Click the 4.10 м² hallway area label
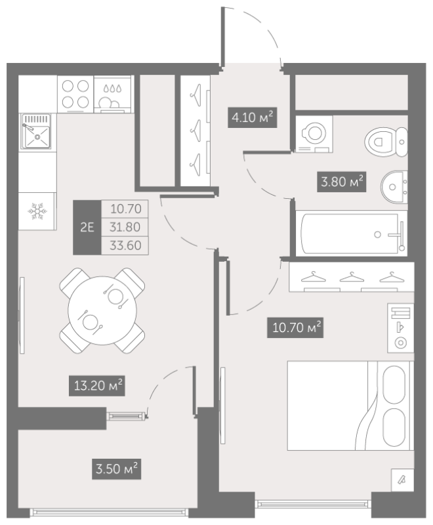pyautogui.click(x=253, y=117)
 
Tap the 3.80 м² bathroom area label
pyautogui.click(x=342, y=182)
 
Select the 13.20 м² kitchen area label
pyautogui.click(x=97, y=386)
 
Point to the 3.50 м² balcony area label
pyautogui.click(x=116, y=469)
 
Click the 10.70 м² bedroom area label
pyautogui.click(x=295, y=327)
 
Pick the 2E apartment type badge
pyautogui.click(x=87, y=227)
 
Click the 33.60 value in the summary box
pyautogui.click(x=125, y=245)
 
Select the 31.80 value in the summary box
pyautogui.click(x=125, y=227)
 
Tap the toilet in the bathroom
pyautogui.click(x=386, y=142)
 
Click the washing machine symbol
pyautogui.click(x=314, y=134)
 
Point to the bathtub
pyautogui.click(x=352, y=234)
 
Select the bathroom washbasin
pyautogui.click(x=394, y=187)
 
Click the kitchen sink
pyautogui.click(x=37, y=131)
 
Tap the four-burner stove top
pyautogui.click(x=75, y=94)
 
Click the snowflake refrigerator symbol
pyautogui.click(x=37, y=211)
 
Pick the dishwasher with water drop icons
pyautogui.click(x=113, y=94)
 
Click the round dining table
pyautogui.click(x=102, y=310)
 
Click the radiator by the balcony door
pyautogui.click(x=126, y=416)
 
